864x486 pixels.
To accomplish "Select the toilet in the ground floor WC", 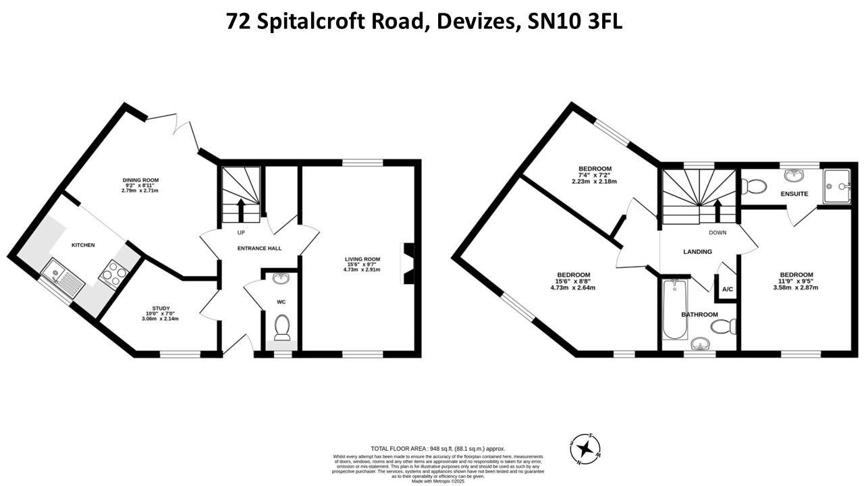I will point(282,327).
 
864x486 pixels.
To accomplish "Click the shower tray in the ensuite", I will point(837,185).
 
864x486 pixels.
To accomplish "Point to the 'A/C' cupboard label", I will point(728,290).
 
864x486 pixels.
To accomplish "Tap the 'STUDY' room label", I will point(161,308).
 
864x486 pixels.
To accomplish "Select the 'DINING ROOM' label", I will point(140,180).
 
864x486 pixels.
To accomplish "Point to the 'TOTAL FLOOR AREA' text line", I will point(437,449).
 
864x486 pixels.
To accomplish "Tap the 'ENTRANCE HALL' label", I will point(259,248).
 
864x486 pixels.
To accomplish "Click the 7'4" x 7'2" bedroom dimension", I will point(595,175).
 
